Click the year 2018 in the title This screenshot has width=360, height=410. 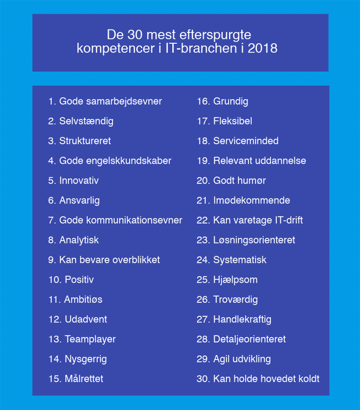pyautogui.click(x=262, y=49)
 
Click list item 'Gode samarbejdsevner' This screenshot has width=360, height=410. pyautogui.click(x=110, y=101)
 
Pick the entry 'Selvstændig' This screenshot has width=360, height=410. pyautogui.click(x=86, y=121)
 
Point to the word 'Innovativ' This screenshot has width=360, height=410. pyautogui.click(x=79, y=181)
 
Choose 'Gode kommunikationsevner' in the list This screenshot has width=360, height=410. pyautogui.click(x=120, y=220)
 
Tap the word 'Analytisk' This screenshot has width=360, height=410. pyautogui.click(x=79, y=240)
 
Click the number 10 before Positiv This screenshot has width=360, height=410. pyautogui.click(x=55, y=279)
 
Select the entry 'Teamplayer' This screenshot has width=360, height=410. pyautogui.click(x=90, y=339)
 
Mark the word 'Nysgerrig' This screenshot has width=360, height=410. pyautogui.click(x=86, y=359)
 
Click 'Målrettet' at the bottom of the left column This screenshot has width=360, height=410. pyautogui.click(x=84, y=379)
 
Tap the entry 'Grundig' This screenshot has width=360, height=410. pyautogui.click(x=230, y=101)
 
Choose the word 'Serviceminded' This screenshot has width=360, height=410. pyautogui.click(x=246, y=141)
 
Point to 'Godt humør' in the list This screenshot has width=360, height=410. pyautogui.click(x=239, y=181)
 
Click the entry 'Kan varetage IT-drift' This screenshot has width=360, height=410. pyautogui.click(x=258, y=220)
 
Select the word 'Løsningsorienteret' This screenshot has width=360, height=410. pyautogui.click(x=254, y=240)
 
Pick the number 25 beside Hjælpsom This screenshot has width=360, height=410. pyautogui.click(x=203, y=279)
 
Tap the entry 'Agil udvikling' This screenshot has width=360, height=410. pyautogui.click(x=242, y=359)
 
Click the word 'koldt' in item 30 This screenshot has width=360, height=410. pyautogui.click(x=308, y=379)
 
